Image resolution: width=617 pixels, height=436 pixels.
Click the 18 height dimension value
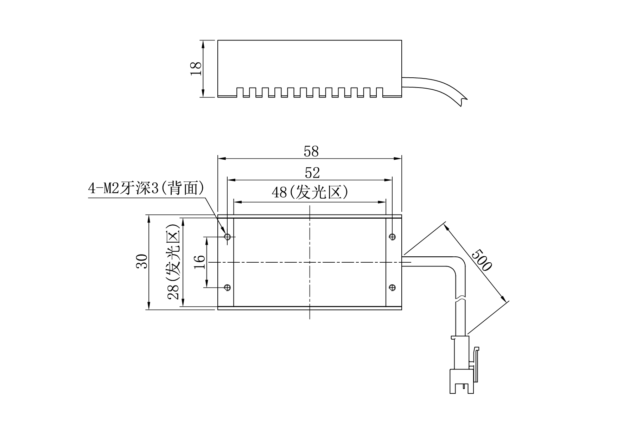(x=196, y=68)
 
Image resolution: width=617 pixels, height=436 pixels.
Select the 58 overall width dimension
(x=311, y=151)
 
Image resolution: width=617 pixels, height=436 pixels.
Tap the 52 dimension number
(x=312, y=173)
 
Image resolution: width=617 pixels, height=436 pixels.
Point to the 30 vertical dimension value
(x=142, y=261)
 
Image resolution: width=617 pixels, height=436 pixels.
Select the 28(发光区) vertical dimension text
(x=174, y=261)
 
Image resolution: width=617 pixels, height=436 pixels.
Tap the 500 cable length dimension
(x=481, y=260)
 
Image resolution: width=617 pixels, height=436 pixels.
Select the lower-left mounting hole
(x=228, y=288)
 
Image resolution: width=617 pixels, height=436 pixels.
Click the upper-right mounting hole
(x=392, y=237)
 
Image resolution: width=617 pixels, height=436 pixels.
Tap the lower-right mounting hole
(x=392, y=288)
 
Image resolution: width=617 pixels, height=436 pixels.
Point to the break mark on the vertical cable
(x=461, y=300)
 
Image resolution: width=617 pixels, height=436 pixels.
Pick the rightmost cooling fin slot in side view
(x=380, y=92)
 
